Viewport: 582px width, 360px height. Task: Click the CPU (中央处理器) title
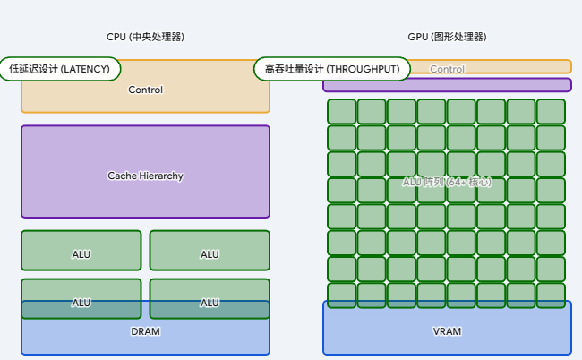pyautogui.click(x=145, y=37)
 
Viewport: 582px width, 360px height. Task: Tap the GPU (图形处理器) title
pyautogui.click(x=447, y=37)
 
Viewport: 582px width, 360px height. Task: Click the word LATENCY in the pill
pyautogui.click(x=86, y=69)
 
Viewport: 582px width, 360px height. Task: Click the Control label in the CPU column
pyautogui.click(x=145, y=90)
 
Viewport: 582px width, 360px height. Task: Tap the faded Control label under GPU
pyautogui.click(x=448, y=69)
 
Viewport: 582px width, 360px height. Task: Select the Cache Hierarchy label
pyautogui.click(x=145, y=176)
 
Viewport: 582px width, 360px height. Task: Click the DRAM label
pyautogui.click(x=145, y=331)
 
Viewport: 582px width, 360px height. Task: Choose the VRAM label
pyautogui.click(x=447, y=331)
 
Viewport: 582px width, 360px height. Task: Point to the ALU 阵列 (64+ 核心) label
pyautogui.click(x=447, y=182)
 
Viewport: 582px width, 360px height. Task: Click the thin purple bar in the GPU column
pyautogui.click(x=447, y=85)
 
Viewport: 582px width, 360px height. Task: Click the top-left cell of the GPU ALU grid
pyautogui.click(x=341, y=111)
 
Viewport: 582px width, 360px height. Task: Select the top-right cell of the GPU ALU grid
pyautogui.click(x=551, y=111)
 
